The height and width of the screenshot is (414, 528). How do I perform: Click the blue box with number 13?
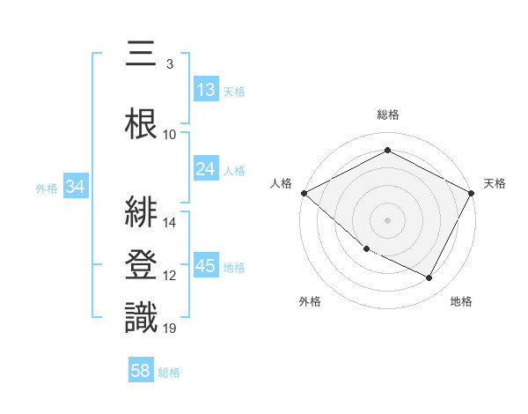[206, 90]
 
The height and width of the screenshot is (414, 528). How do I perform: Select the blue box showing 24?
[206, 169]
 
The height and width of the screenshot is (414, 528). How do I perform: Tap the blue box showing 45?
[206, 266]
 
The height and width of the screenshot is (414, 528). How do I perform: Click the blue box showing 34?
[76, 187]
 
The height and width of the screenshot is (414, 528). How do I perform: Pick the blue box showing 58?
[141, 371]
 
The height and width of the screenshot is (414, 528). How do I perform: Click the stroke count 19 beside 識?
[170, 329]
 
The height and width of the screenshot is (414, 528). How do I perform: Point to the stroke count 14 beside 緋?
[170, 222]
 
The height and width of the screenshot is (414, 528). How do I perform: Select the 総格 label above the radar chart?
[388, 115]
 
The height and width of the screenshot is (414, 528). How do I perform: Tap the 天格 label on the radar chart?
[495, 183]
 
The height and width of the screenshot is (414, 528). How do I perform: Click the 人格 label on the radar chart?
[282, 183]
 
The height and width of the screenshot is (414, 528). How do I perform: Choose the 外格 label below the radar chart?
[310, 301]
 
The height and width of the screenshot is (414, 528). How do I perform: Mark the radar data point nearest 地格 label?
[429, 277]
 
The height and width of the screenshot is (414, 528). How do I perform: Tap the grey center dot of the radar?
[388, 219]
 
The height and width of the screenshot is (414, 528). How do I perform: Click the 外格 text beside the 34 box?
[47, 188]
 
